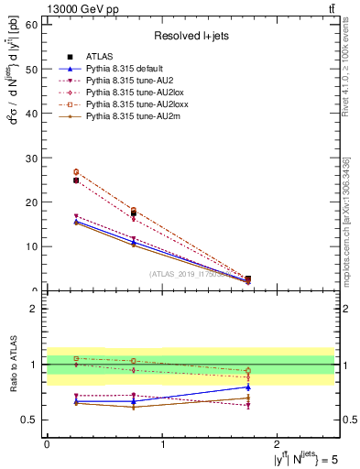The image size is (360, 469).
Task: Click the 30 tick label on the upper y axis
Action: click(34, 158)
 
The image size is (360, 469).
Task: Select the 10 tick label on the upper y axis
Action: click(34, 246)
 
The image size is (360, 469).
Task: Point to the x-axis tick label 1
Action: click(163, 444)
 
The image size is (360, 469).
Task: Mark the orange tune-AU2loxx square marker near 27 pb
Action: click(76, 171)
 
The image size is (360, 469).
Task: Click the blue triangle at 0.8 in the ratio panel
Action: click(248, 387)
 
